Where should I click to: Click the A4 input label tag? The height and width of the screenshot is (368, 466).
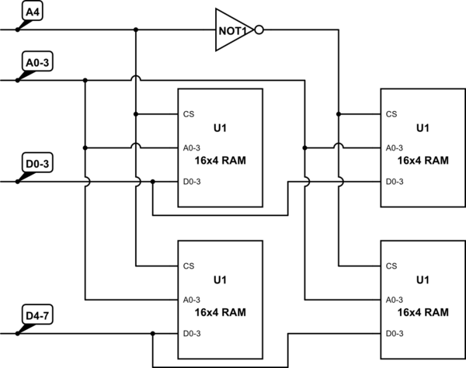(x=33, y=13)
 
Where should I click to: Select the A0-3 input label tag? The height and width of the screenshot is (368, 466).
(x=38, y=62)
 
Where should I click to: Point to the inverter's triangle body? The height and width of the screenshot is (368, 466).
(x=234, y=30)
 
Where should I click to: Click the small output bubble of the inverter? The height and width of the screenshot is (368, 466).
(x=260, y=30)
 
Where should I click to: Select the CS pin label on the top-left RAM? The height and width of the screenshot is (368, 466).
(x=189, y=114)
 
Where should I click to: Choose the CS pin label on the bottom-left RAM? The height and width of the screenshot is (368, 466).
(x=189, y=266)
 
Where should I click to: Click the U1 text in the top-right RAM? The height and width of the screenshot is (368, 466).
(x=422, y=127)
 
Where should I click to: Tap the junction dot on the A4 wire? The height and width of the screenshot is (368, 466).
(x=136, y=30)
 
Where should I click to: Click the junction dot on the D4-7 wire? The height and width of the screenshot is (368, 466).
(x=153, y=334)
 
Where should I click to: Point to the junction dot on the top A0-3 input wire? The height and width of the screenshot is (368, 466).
(x=85, y=79)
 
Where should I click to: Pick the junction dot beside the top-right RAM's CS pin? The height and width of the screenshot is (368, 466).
(x=339, y=114)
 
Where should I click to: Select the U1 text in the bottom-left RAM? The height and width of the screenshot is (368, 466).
(x=220, y=279)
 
